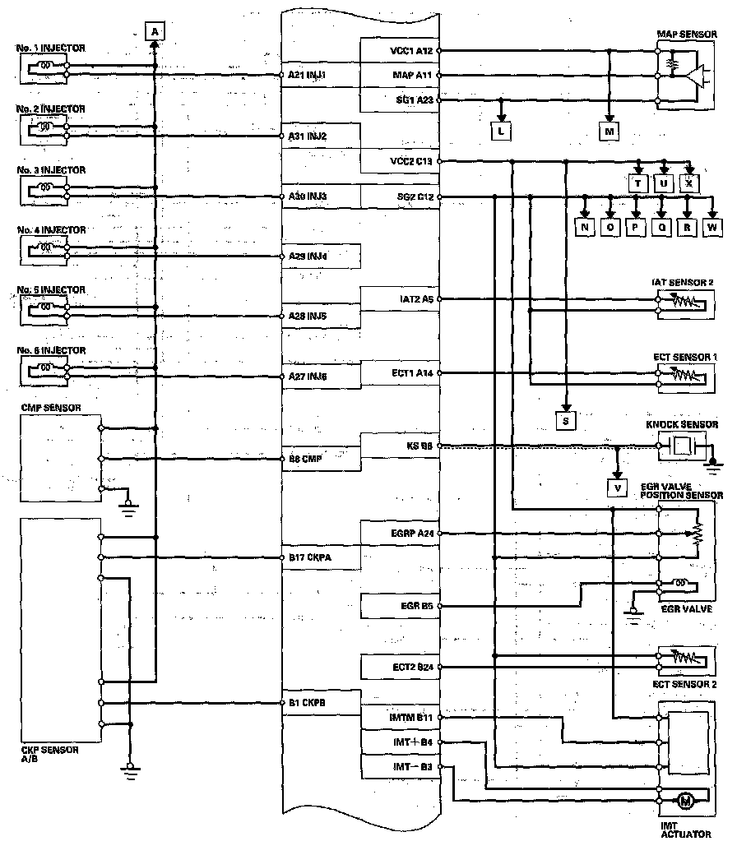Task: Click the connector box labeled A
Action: (155, 31)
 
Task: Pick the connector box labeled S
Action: (566, 420)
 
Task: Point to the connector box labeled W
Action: (712, 227)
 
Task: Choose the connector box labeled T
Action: (637, 183)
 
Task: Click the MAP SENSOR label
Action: (686, 34)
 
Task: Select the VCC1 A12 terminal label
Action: (411, 50)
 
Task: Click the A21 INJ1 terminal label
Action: (308, 75)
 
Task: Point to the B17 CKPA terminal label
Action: (309, 557)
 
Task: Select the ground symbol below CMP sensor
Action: (127, 505)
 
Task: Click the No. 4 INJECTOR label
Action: (50, 230)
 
